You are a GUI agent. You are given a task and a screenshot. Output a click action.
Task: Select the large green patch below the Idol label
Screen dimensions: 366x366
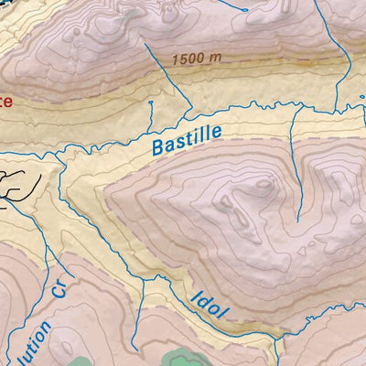point(178,355)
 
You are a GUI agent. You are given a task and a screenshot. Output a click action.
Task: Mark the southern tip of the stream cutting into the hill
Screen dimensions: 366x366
point(298,220)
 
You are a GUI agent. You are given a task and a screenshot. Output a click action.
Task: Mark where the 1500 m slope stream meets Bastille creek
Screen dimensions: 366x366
point(190,113)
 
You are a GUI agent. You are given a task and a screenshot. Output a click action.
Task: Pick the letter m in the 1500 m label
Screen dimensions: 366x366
point(217,57)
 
